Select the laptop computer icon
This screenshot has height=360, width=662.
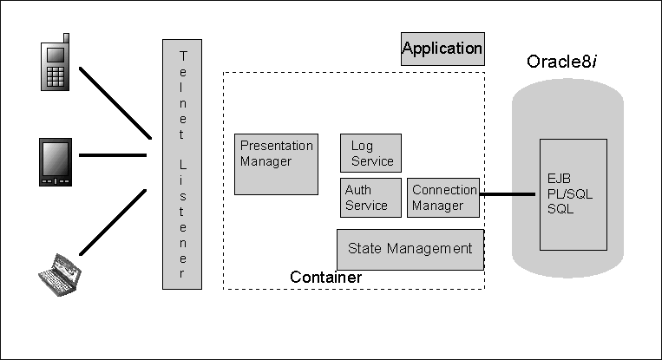58,274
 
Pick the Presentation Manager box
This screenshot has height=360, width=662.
276,164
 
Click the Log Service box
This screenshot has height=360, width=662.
370,153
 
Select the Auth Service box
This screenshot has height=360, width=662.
370,198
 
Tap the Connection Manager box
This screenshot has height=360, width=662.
443,198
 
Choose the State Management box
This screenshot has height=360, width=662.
410,249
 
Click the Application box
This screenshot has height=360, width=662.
442,49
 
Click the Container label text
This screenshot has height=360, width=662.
325,277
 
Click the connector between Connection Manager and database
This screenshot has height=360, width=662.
510,194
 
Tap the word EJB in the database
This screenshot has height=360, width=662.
560,179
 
